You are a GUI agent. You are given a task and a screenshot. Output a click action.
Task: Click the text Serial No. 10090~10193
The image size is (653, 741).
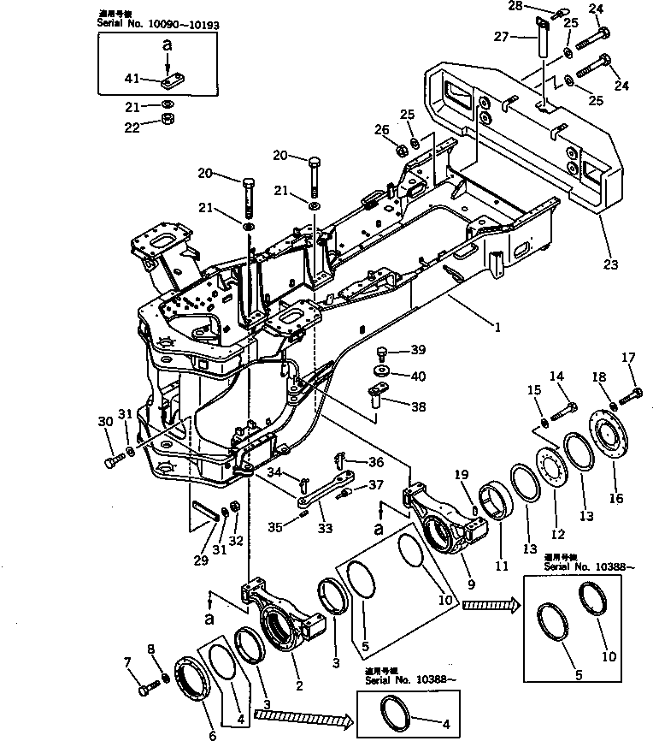[x=159, y=26]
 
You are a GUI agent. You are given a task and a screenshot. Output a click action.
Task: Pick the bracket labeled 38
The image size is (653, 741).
[x=376, y=394]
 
